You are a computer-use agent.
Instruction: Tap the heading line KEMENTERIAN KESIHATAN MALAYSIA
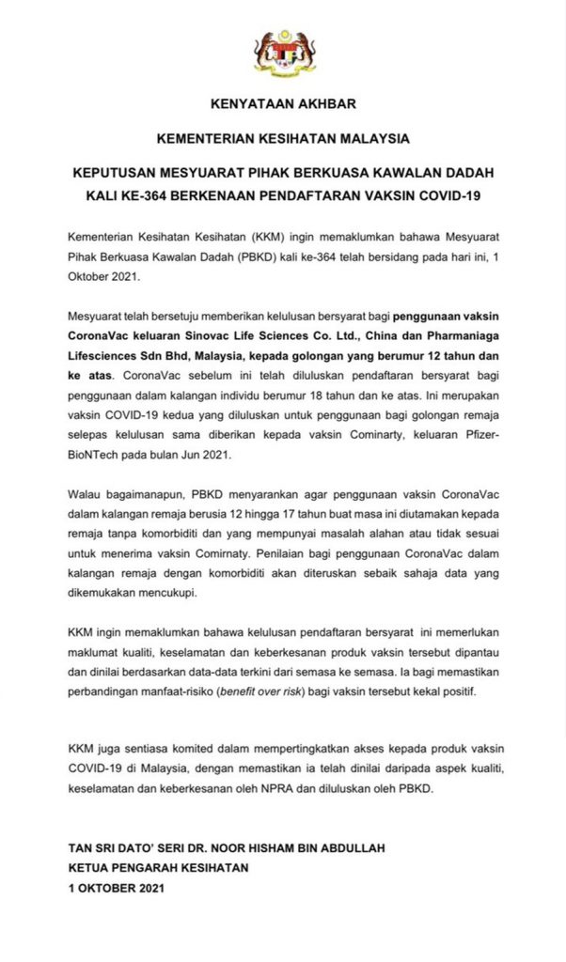[283, 138]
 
